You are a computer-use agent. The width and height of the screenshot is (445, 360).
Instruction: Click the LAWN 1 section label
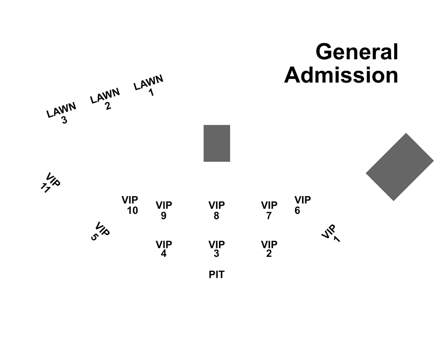point(149,85)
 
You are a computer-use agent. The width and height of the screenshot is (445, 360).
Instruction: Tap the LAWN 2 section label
point(105,99)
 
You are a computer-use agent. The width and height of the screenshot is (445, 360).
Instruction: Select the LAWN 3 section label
point(61,113)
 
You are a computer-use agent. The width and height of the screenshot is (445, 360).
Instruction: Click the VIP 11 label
point(50,183)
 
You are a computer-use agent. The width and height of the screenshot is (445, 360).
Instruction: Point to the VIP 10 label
point(130,205)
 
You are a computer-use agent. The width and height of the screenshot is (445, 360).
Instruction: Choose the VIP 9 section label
point(164,210)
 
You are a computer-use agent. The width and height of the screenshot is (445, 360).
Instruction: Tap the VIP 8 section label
point(217,210)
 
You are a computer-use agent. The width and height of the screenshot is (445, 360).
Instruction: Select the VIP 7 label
point(269,210)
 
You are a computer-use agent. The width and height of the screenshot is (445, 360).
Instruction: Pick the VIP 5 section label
point(100,232)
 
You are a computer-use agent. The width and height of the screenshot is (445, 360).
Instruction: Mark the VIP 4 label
point(164,249)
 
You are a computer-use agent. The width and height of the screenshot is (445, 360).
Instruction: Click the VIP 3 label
point(217,249)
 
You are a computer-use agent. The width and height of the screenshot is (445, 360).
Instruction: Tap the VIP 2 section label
point(269,249)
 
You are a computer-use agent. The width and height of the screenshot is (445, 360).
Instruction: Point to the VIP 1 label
point(331,233)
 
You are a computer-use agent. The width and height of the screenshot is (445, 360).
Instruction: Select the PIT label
point(217,274)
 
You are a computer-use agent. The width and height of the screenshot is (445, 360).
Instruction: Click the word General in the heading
point(357,52)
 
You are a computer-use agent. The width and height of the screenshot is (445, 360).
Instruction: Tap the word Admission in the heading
point(341,75)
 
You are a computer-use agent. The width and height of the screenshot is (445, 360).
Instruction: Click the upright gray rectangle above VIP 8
point(217,143)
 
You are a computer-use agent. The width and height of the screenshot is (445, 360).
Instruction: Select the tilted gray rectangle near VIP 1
point(400,167)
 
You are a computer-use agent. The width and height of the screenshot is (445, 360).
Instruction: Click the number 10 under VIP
point(133,210)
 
